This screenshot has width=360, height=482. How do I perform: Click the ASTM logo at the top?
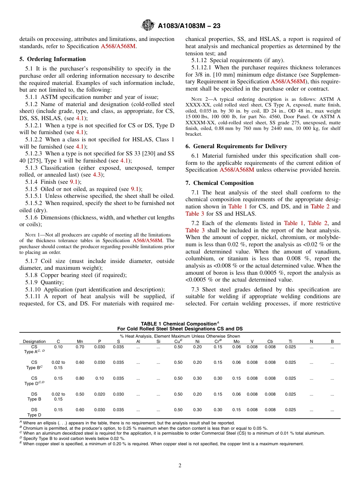point(147,25)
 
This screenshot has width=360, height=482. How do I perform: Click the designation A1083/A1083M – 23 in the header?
point(189,26)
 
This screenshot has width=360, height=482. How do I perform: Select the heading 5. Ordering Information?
point(53,59)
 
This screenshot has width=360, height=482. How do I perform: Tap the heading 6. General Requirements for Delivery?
point(236,146)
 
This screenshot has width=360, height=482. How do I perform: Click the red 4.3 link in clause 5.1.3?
point(97,175)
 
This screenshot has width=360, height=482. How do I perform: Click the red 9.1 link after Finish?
point(74,182)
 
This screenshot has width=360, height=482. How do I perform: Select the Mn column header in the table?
point(80,341)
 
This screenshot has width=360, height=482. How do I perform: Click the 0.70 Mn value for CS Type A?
point(80,347)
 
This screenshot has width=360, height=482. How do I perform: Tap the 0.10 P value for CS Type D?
point(100,378)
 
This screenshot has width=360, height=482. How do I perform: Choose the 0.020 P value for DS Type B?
point(100,394)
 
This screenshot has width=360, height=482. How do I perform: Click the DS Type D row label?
point(34,412)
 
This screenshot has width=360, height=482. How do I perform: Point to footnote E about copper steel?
point(163,444)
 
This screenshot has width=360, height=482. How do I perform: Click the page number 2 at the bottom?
point(180,466)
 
